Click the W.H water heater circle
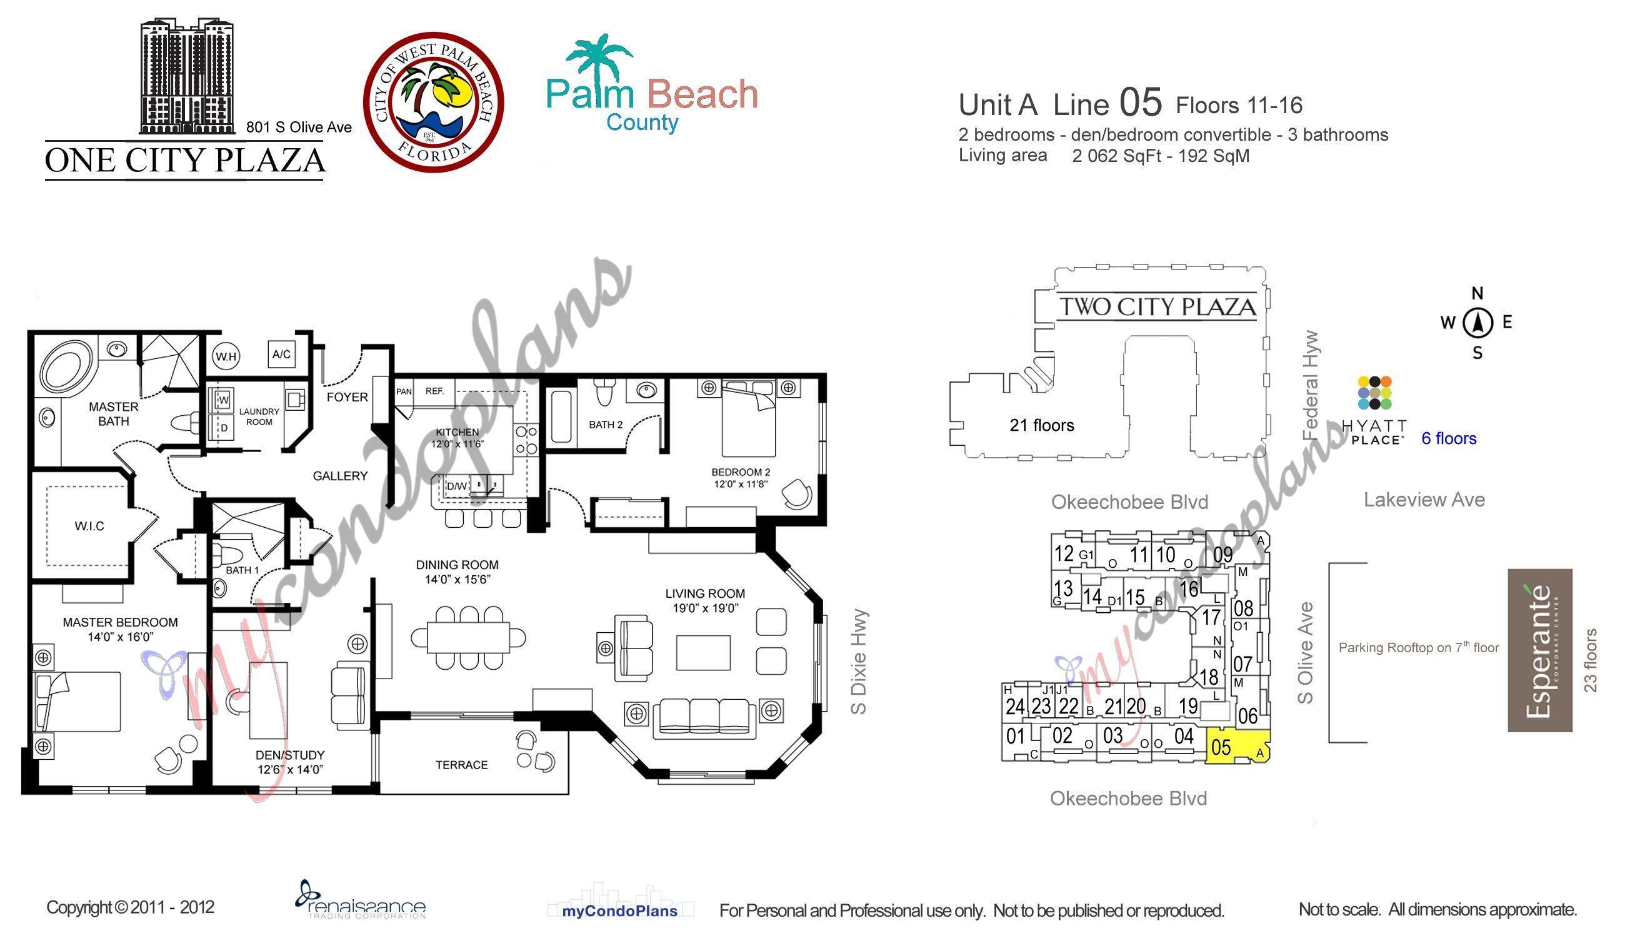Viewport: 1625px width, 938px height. (x=226, y=356)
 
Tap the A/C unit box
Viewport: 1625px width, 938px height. (x=281, y=354)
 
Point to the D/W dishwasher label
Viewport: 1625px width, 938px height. (x=456, y=486)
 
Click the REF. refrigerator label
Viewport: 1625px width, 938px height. (x=434, y=391)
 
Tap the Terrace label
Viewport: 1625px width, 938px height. (x=461, y=765)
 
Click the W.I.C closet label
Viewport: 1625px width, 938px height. (x=89, y=526)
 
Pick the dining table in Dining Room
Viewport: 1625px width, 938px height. (x=469, y=637)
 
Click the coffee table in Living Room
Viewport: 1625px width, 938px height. (x=703, y=653)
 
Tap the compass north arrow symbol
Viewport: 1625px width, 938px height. (x=1477, y=322)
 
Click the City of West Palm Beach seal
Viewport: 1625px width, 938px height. (x=433, y=102)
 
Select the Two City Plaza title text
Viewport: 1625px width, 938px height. (x=1157, y=306)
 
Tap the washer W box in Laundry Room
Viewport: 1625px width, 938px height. (x=222, y=401)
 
